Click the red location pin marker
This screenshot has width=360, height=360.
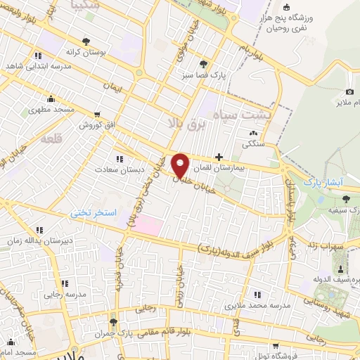(181, 165)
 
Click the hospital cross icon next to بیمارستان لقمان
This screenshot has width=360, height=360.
(220, 157)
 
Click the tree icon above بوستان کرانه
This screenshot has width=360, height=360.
(86, 41)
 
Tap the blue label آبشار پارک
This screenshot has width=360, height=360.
(323, 182)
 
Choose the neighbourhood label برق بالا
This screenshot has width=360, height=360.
(184, 124)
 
